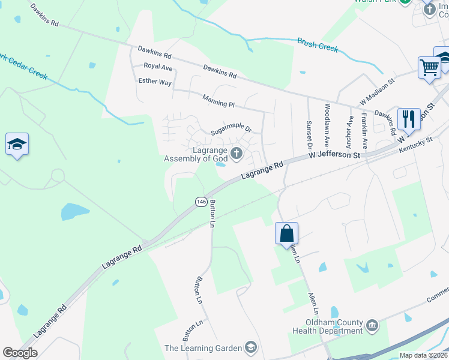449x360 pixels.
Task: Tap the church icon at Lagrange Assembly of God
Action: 237,154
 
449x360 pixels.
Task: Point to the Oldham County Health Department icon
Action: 372,326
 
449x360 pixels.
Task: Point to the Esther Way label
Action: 155,81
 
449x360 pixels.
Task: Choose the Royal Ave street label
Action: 157,67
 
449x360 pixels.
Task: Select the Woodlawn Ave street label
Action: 327,125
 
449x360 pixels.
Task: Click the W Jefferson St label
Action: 334,155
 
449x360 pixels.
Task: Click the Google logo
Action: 20,353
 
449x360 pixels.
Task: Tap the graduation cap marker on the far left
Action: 17,145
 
